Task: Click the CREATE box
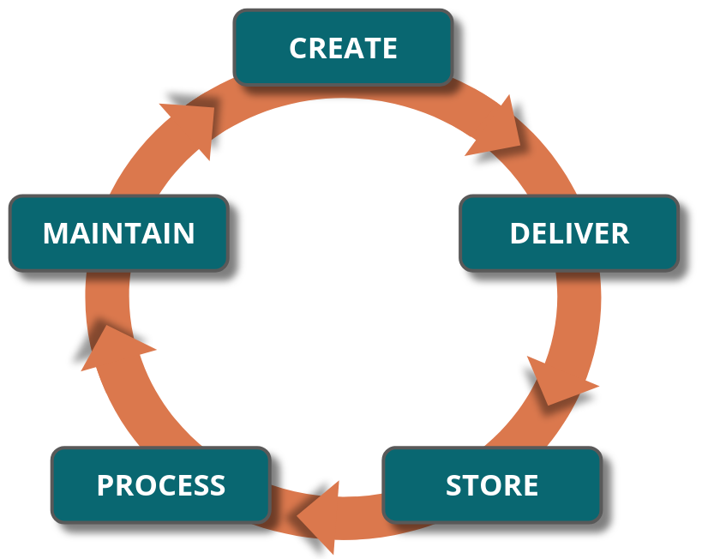pos(343,47)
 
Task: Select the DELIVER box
pos(568,233)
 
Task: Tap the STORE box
pos(491,484)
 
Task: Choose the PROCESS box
pos(160,484)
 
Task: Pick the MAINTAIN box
pos(118,233)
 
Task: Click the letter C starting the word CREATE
pos(299,48)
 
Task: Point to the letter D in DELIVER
pos(520,233)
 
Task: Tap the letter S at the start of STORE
pos(454,485)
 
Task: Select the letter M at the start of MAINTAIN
pos(57,233)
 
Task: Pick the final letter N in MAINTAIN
pos(183,233)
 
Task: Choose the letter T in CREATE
pos(369,48)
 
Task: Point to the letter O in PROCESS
pos(145,485)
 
